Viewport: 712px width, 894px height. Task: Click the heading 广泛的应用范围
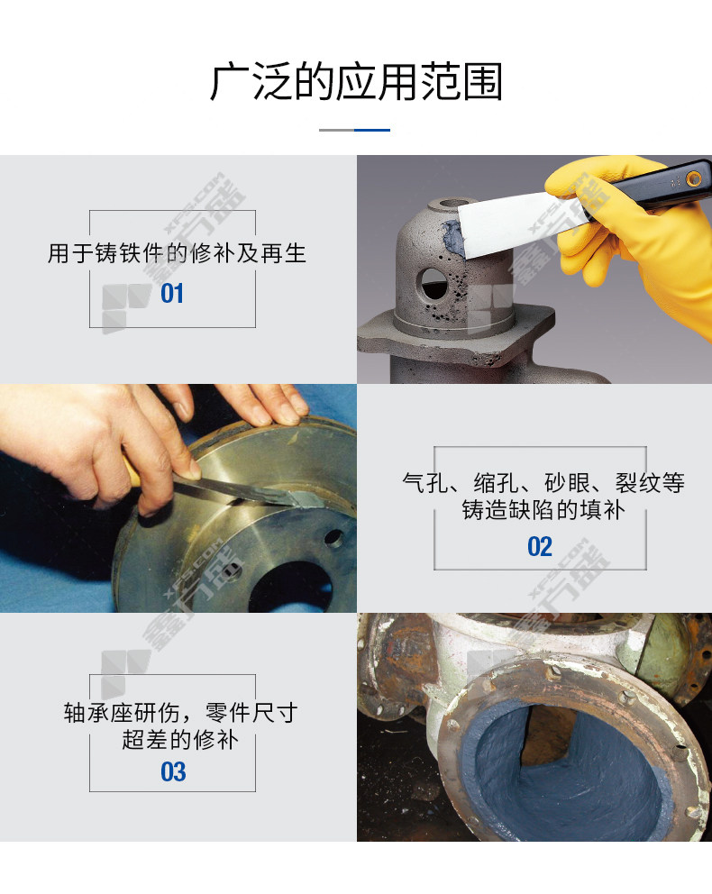point(356,83)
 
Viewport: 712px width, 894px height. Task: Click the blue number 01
point(172,294)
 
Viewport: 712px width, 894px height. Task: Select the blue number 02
point(540,547)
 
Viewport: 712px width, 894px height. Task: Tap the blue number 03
point(173,772)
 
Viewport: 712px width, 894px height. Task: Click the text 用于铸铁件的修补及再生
point(177,254)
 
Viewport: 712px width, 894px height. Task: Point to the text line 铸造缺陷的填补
point(543,510)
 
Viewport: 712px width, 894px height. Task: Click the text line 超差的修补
point(180,740)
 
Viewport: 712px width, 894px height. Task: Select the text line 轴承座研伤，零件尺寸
point(180,713)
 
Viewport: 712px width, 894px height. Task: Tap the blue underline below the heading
point(372,130)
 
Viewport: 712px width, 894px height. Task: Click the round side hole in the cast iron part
point(433,284)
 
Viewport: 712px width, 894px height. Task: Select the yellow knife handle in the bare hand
point(131,470)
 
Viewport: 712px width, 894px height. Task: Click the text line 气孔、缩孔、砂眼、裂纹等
point(543,483)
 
